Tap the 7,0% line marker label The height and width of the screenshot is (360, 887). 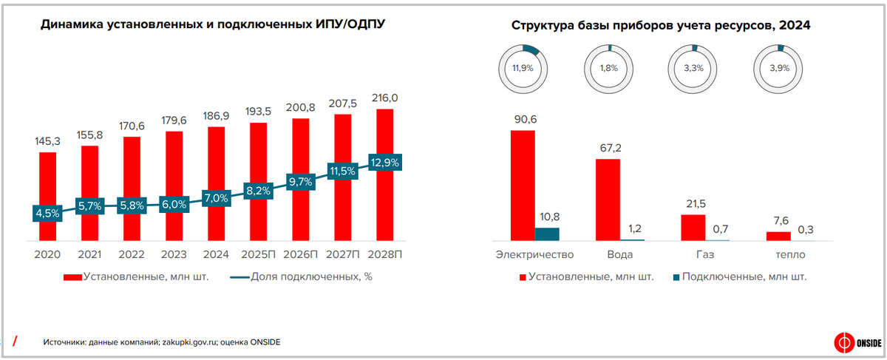(x=216, y=198)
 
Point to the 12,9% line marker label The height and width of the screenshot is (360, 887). (x=385, y=162)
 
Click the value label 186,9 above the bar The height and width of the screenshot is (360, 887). (x=216, y=116)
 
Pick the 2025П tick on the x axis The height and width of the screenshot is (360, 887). (x=259, y=254)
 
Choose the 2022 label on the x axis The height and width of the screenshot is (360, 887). (x=132, y=254)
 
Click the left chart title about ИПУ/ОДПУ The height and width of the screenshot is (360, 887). (x=213, y=24)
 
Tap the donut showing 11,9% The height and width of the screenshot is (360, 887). (x=523, y=67)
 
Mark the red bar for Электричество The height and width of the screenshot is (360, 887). (x=523, y=186)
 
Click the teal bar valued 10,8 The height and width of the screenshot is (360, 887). (x=547, y=234)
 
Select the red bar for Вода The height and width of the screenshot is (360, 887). (x=608, y=200)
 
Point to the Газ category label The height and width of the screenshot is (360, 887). (x=704, y=255)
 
